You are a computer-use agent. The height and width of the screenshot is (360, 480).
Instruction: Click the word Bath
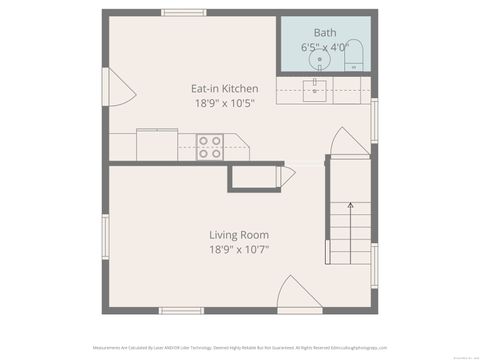[x=325, y=32]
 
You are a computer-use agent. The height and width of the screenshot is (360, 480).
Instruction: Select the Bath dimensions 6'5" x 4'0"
[x=325, y=47]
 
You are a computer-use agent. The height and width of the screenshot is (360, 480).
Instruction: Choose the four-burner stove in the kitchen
[x=210, y=147]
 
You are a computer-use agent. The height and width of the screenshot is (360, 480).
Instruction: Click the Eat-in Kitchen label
[x=224, y=88]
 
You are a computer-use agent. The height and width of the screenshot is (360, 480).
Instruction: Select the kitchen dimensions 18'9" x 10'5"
[x=224, y=104]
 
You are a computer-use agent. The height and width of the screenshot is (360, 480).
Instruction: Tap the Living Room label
[x=239, y=235]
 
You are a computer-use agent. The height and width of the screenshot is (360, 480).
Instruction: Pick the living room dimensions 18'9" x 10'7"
[x=239, y=250]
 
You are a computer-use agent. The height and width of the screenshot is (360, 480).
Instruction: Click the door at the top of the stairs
[x=349, y=143]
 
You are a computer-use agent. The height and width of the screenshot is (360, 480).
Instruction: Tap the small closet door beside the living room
[x=288, y=177]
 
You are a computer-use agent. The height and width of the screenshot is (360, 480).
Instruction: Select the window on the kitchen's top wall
[x=183, y=12]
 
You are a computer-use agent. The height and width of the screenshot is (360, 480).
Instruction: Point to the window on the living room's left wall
[x=105, y=237]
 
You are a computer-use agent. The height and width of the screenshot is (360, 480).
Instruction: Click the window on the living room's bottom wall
[x=181, y=311]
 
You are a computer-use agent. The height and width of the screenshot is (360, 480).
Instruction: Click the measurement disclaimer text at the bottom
[x=240, y=348]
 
